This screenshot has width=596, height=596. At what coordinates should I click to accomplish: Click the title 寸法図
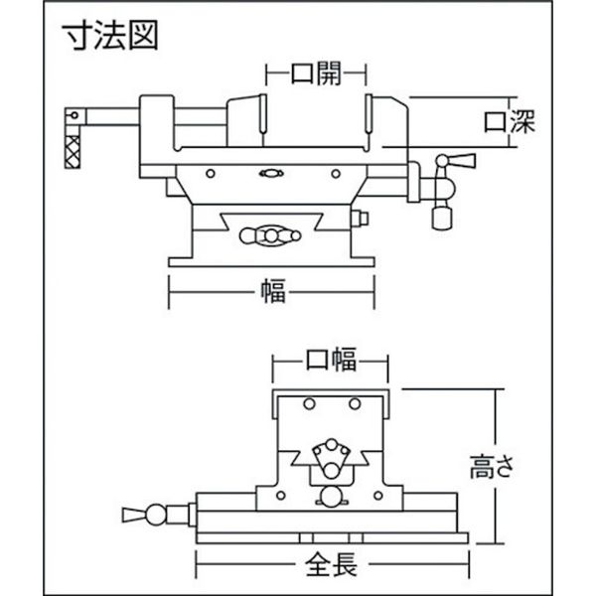point(110,35)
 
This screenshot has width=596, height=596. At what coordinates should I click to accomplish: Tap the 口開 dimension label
point(316,73)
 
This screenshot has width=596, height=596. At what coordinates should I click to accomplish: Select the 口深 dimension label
point(510,121)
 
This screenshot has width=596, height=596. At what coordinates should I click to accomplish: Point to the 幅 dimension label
point(273,292)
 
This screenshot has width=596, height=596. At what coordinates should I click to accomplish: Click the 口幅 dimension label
point(331,360)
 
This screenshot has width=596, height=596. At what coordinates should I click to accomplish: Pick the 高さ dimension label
point(493,467)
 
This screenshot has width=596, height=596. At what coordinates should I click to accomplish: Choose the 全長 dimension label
point(331,564)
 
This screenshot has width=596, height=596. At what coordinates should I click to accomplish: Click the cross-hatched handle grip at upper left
point(73,152)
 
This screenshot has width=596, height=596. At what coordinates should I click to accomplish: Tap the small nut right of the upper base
point(360,219)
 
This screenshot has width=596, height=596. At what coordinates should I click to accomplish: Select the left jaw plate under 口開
point(262,113)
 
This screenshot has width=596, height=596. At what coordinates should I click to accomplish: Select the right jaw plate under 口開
point(369,113)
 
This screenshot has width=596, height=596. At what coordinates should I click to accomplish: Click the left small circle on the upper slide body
point(211,174)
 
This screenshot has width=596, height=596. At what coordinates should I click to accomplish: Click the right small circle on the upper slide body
point(336,174)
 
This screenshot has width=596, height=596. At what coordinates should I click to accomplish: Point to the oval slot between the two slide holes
point(271,174)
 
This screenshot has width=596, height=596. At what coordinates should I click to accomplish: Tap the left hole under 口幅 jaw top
point(309,403)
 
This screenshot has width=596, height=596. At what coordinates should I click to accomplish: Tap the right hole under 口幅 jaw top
point(355,403)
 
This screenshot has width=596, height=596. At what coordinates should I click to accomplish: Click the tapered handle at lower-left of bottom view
point(134,515)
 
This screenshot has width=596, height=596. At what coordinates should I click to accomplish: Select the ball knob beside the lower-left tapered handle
point(156,515)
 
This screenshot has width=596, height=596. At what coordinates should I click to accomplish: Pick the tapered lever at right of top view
point(461,161)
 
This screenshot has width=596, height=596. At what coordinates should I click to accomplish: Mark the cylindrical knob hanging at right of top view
point(441,219)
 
